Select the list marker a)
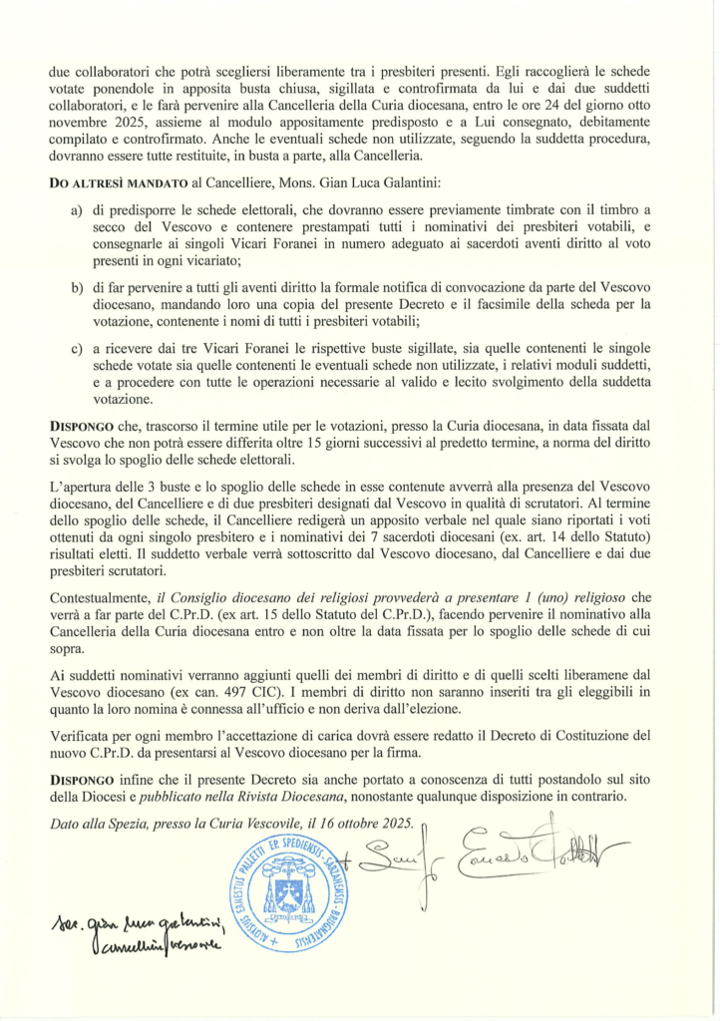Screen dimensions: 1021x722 click(76, 212)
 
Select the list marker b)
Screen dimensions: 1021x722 click(76, 288)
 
